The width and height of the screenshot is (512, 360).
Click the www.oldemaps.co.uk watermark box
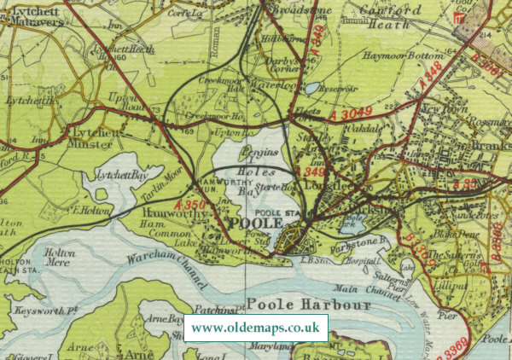click(256, 328)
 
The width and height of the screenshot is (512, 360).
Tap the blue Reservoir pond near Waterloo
click(312, 88)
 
